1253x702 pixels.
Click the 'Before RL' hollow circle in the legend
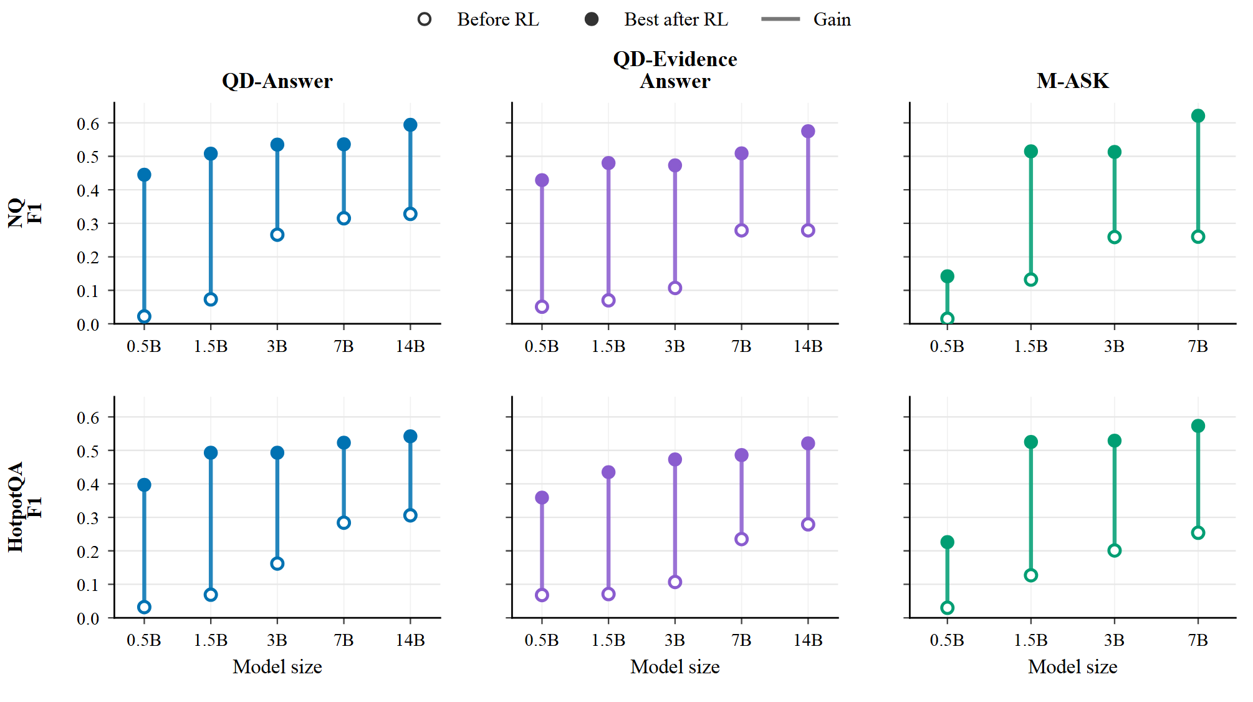[x=425, y=19]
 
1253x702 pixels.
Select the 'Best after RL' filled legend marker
[x=592, y=19]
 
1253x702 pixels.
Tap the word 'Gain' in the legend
[x=832, y=19]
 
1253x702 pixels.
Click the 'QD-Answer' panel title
[x=277, y=80]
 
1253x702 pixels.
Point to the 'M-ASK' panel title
[x=1073, y=80]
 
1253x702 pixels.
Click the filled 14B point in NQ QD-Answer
[x=410, y=125]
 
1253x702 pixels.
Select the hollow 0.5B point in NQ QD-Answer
[x=144, y=316]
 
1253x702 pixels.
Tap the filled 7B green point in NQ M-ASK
[x=1198, y=116]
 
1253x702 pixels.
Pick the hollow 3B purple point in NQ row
[x=675, y=288]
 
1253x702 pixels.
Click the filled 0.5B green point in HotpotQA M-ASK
[x=948, y=542]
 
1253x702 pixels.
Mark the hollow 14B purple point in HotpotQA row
[x=808, y=525]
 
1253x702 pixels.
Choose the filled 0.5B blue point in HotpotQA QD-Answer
[x=144, y=485]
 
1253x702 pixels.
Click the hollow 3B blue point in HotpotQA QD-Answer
[x=277, y=564]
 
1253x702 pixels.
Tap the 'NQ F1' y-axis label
[x=25, y=213]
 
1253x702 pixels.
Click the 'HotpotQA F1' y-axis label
[x=25, y=507]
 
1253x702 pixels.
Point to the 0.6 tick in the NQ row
[x=88, y=124]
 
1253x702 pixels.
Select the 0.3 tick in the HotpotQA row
[x=88, y=518]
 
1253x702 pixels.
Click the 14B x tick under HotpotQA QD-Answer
[x=410, y=640]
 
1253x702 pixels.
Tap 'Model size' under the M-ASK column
[x=1073, y=667]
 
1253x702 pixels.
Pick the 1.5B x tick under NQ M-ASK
[x=1031, y=346]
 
